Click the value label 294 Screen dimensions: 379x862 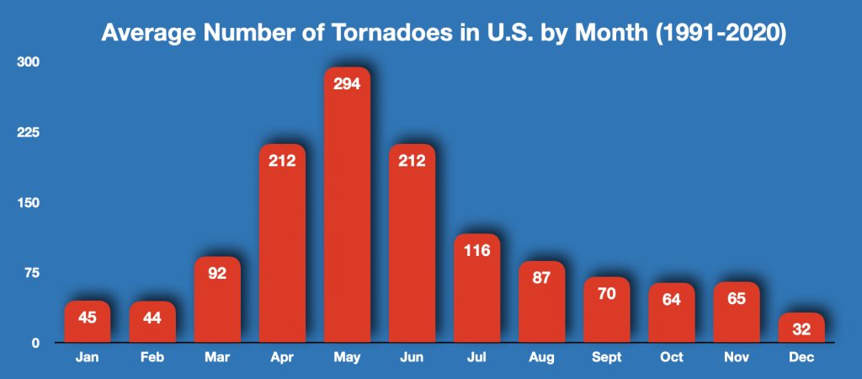click(x=347, y=84)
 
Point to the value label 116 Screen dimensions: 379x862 click(x=477, y=251)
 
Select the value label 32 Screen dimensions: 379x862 click(x=801, y=329)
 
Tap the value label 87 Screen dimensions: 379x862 click(x=542, y=279)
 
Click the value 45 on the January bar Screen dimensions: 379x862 click(x=87, y=318)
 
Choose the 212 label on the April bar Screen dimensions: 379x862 click(x=282, y=161)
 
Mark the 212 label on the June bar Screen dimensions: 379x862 click(x=412, y=161)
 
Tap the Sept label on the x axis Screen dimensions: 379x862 click(x=607, y=357)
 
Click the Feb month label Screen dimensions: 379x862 click(x=152, y=357)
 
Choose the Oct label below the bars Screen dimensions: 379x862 click(x=672, y=357)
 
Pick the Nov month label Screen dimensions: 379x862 click(x=737, y=357)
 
